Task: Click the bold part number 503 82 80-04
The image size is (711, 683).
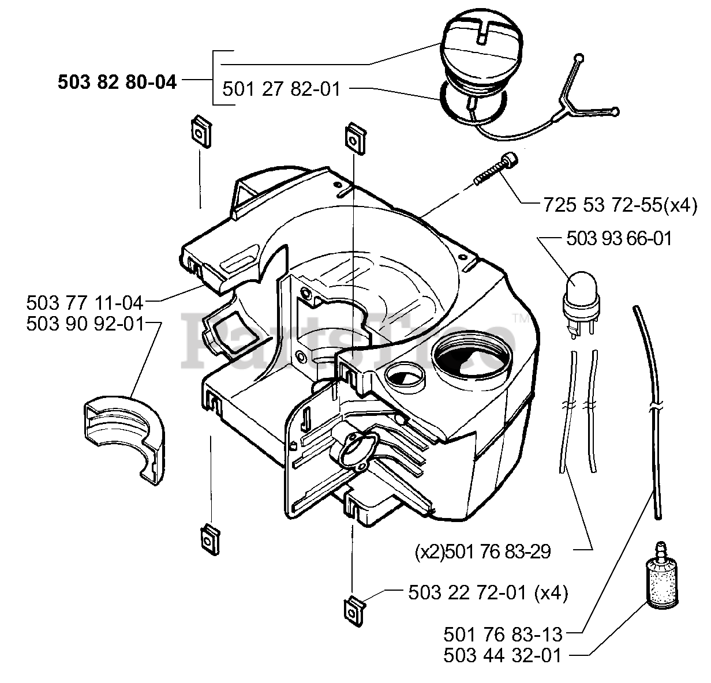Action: coord(117,82)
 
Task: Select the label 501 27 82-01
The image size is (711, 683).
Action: coord(281,89)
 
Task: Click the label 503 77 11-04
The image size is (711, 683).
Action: coord(85,302)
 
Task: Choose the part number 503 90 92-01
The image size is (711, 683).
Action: coord(85,324)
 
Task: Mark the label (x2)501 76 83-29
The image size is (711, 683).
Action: coord(482,551)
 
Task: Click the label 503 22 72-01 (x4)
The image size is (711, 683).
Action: coord(487,592)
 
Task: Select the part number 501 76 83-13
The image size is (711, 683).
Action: coord(503,635)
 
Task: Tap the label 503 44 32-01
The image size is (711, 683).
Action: coord(503,656)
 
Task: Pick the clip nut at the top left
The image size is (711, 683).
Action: coord(199,132)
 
